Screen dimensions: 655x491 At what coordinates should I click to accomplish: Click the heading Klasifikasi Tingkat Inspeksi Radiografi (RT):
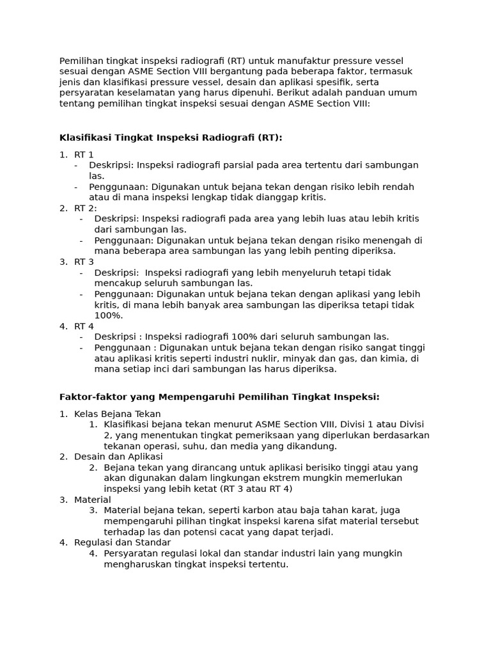coord(171,138)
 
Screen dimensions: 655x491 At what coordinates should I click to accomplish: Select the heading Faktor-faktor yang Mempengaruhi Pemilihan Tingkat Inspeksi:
coord(219,397)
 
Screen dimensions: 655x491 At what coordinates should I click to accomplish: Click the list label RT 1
coord(84,154)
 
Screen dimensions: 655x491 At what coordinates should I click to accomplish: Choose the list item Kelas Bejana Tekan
coord(118,414)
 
